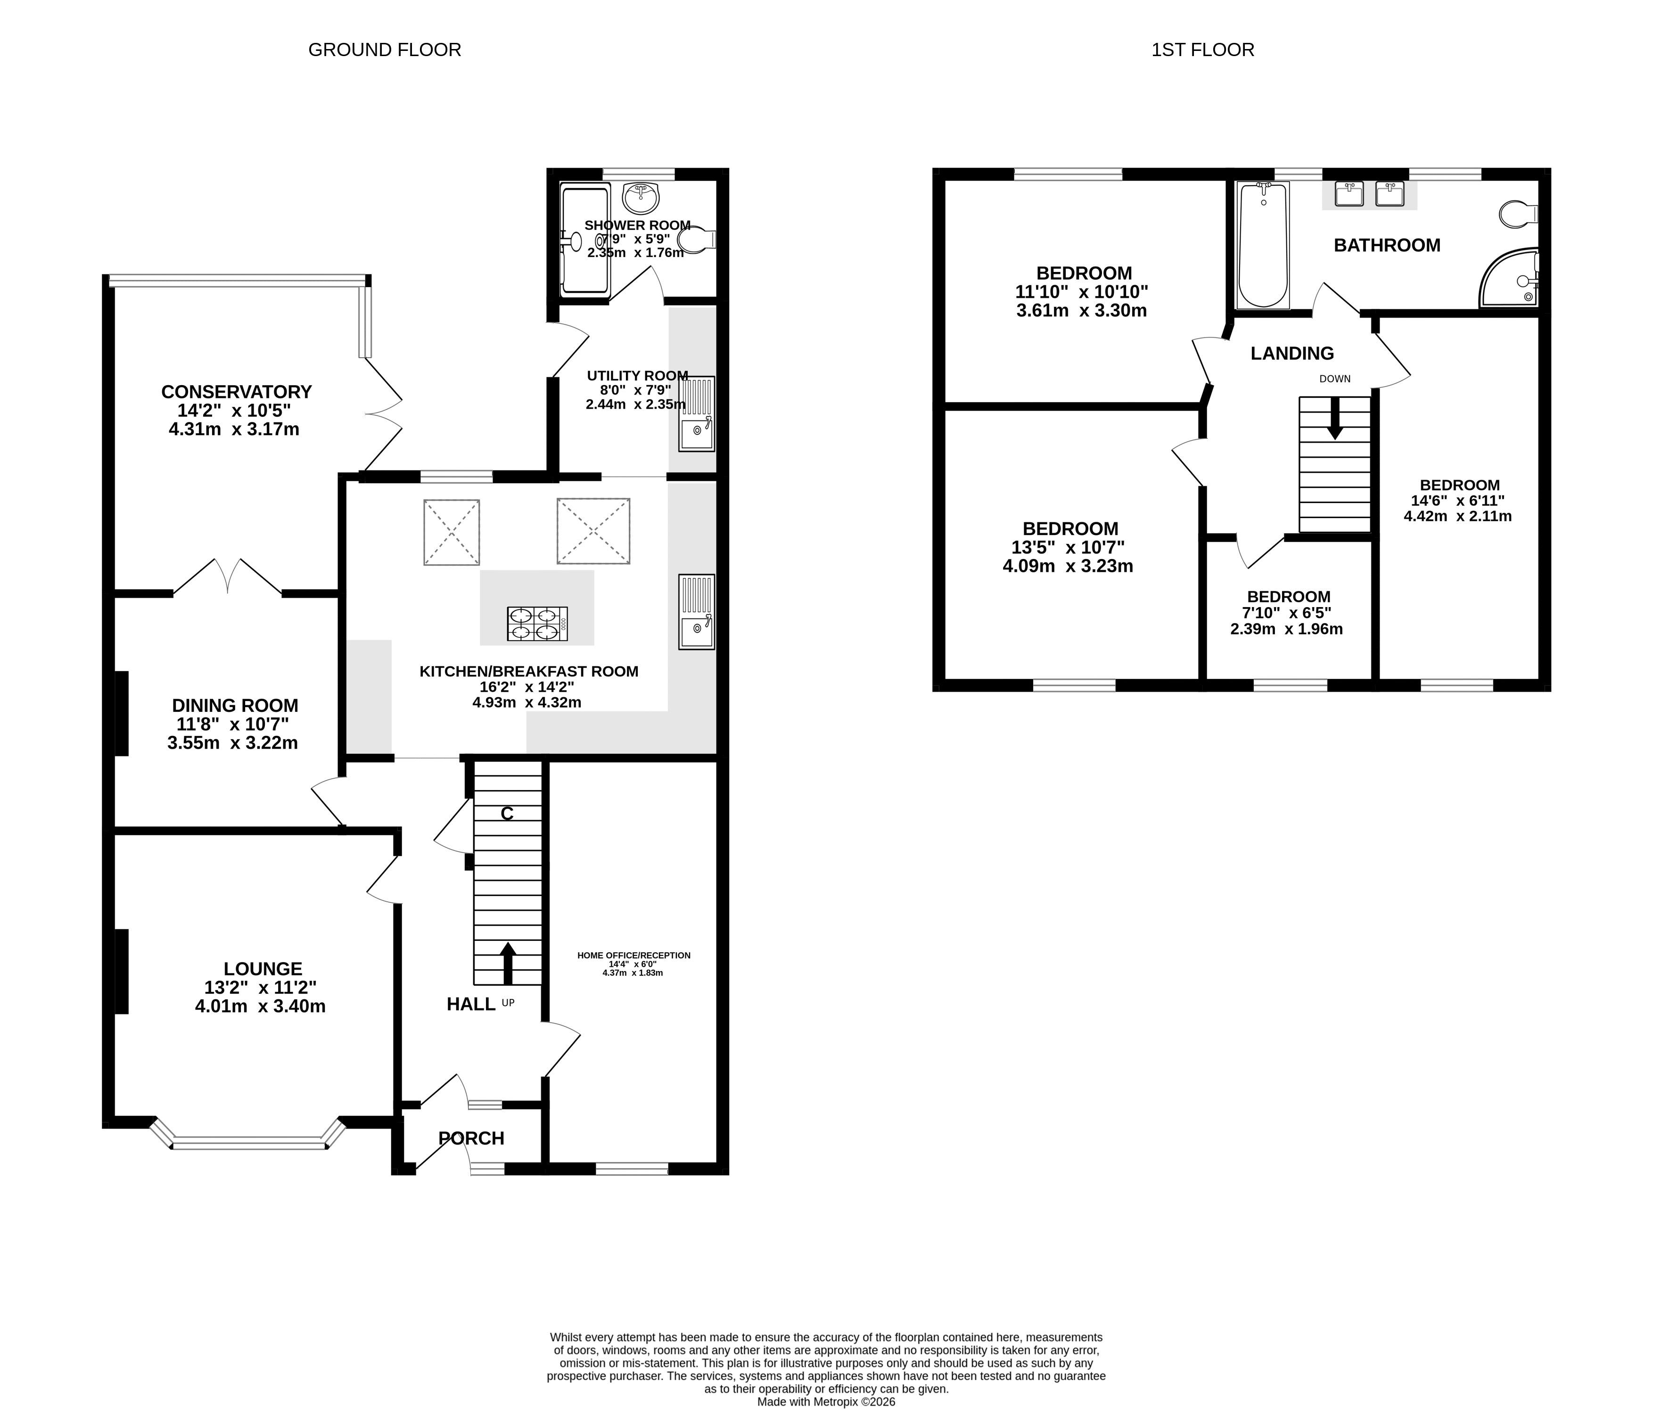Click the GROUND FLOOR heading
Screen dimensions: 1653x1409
(385, 49)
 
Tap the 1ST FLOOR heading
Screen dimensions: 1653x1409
(1202, 49)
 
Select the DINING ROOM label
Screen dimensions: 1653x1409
(235, 705)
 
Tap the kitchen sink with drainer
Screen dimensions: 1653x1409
(697, 611)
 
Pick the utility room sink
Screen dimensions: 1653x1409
(697, 413)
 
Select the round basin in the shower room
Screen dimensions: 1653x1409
(641, 194)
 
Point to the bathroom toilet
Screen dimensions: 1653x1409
(1519, 214)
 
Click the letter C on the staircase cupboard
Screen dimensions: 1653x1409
(507, 814)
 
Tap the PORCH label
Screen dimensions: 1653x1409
(471, 1138)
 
